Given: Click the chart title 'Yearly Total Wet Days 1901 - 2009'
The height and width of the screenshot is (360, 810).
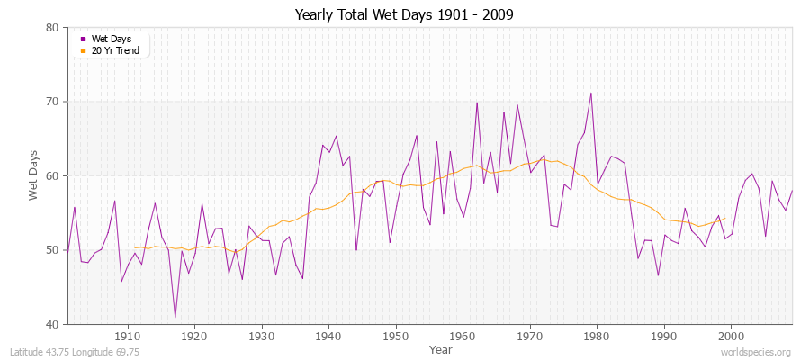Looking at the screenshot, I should pos(404,15).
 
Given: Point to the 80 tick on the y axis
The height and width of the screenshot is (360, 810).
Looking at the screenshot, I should pos(52,28).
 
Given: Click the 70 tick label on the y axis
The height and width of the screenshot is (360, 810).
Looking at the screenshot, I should pos(52,102).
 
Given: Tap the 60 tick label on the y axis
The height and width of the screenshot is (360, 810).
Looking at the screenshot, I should pos(52,176).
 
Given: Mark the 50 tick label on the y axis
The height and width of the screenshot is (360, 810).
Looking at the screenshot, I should pos(52,250).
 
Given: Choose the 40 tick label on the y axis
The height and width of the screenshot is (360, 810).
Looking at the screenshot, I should pos(52,324).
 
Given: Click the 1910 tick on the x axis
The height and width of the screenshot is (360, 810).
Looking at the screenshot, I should pos(128,336).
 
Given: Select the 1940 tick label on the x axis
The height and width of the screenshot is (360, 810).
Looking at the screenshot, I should pos(328,336).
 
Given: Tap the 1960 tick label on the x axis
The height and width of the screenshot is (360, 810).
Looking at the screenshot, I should pos(463,336).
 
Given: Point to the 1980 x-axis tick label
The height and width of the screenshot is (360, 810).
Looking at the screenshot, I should pos(597,336).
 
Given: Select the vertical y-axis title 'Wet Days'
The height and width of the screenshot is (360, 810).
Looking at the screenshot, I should pos(33,176).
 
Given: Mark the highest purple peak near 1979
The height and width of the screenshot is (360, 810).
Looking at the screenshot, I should pos(590,94).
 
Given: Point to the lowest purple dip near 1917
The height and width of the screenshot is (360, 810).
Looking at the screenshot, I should pos(175,318).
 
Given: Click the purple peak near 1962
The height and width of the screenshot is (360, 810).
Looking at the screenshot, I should pos(477,103).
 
